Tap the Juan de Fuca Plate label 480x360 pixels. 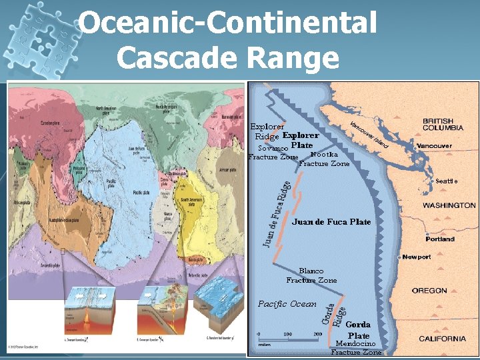tap(331, 221)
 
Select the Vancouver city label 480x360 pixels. tap(433, 145)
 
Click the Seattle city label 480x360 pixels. tap(446, 181)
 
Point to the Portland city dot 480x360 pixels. tap(427, 235)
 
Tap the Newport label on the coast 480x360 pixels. tap(417, 257)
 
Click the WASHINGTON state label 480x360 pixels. tap(449, 205)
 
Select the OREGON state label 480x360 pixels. tap(429, 291)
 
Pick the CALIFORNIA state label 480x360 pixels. tap(442, 339)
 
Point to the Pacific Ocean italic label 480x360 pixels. tap(287, 304)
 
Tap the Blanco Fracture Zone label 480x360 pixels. tap(311, 275)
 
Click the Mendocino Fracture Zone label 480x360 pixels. tap(357, 348)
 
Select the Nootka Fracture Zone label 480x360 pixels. tap(324, 159)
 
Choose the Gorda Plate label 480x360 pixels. tap(358, 329)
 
